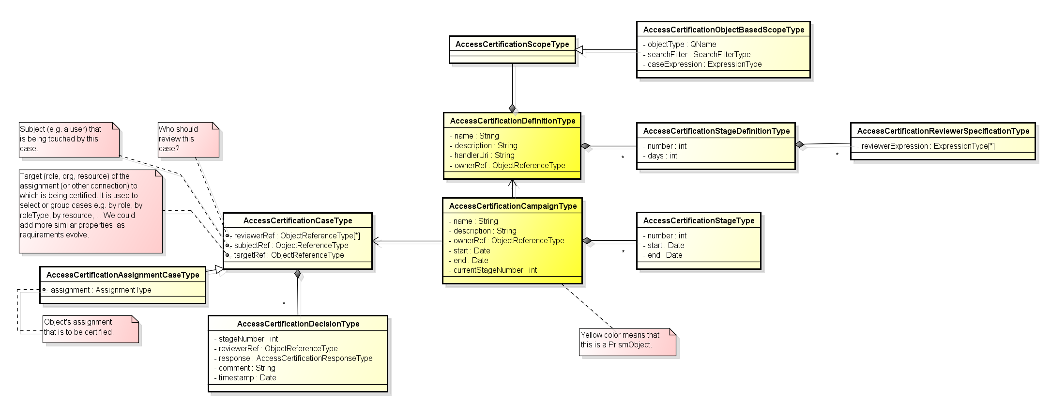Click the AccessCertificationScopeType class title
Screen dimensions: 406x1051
point(512,44)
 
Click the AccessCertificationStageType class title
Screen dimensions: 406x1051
point(698,220)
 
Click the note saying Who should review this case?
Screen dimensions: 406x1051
point(188,139)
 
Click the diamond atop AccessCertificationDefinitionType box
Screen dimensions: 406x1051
point(512,108)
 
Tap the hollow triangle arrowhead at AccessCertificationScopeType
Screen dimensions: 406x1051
point(579,49)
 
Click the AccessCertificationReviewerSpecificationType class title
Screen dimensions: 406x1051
point(943,131)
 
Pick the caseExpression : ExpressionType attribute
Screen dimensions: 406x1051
point(704,64)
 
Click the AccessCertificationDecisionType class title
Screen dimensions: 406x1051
point(298,324)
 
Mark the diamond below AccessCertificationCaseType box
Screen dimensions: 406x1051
point(298,274)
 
